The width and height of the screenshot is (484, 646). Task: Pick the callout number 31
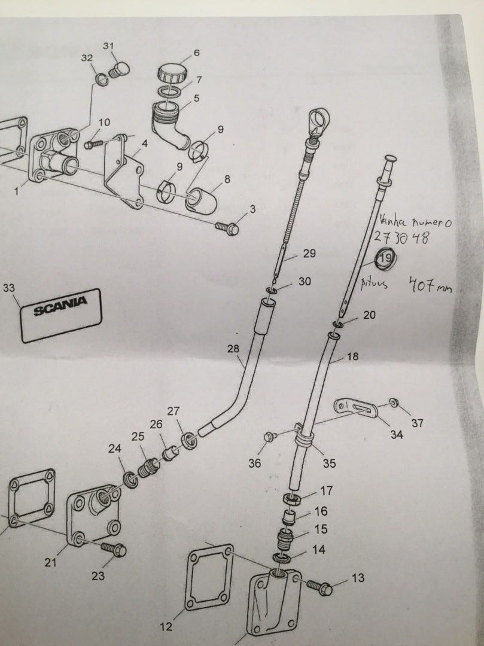(108, 47)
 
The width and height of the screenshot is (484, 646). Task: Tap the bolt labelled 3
(227, 228)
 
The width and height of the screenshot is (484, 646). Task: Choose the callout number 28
(233, 348)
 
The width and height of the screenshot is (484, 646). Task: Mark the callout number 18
(353, 357)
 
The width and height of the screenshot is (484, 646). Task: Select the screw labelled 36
(269, 437)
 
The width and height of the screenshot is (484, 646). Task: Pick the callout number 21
(51, 562)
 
